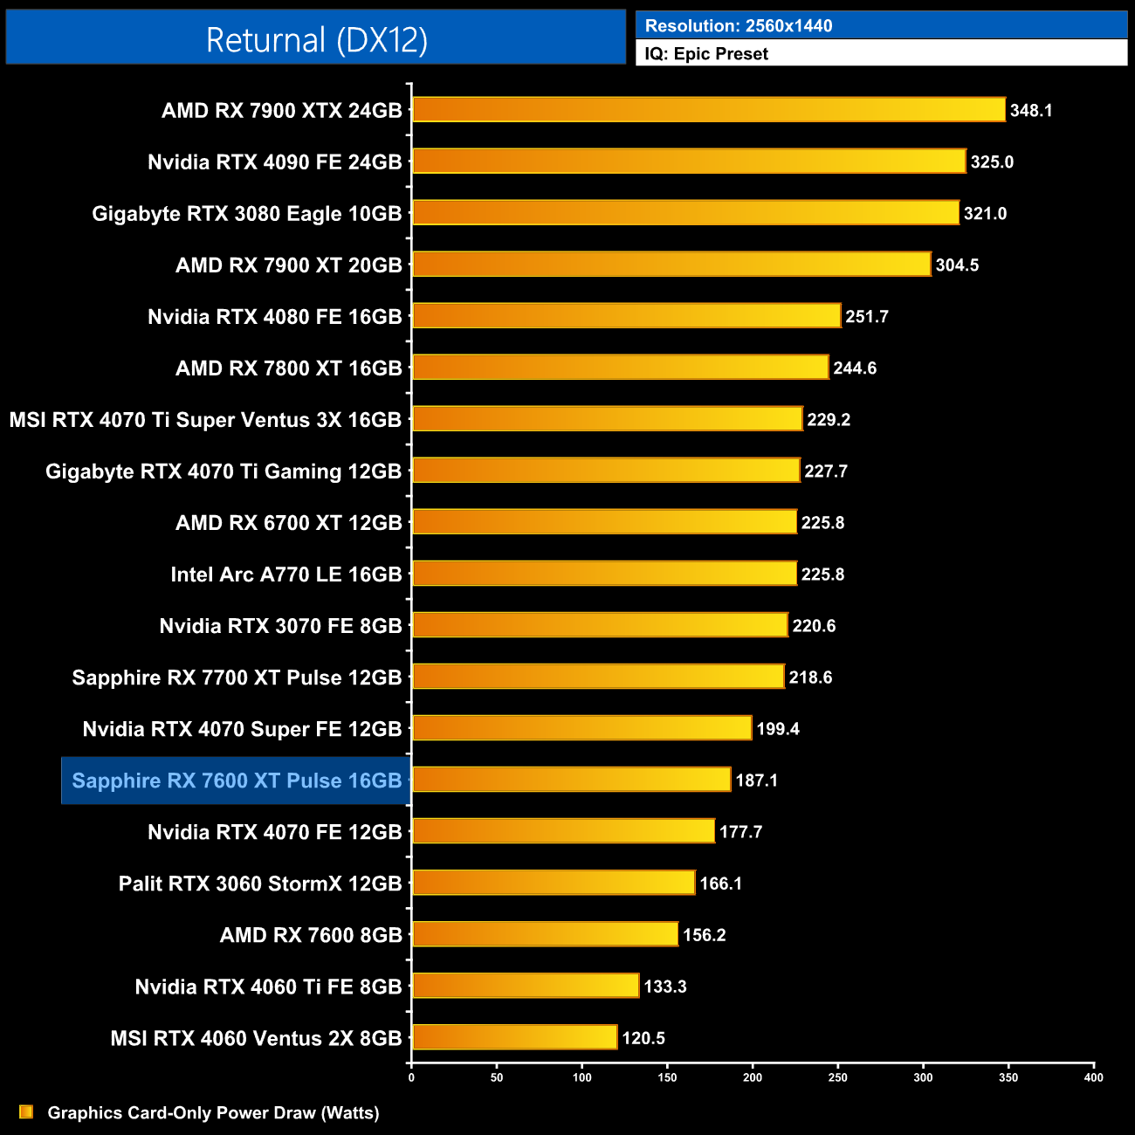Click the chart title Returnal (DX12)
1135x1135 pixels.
(316, 40)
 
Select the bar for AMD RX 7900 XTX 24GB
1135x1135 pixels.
(708, 110)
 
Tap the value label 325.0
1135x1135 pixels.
(992, 162)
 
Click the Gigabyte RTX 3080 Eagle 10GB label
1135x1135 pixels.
(247, 214)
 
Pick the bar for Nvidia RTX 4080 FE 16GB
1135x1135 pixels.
(626, 316)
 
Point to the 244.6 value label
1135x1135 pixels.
(855, 368)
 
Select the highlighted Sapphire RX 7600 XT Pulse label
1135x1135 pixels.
(237, 781)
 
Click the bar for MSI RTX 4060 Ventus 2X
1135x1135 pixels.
(514, 1037)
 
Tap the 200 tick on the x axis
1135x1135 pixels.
(753, 1077)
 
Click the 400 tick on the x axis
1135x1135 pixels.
(1093, 1077)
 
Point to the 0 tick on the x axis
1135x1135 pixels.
(411, 1077)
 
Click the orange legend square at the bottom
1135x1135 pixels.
(26, 1111)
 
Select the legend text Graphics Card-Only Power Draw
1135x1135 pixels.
(213, 1113)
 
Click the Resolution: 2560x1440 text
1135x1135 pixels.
(739, 26)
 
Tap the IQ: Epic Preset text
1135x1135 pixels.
(706, 54)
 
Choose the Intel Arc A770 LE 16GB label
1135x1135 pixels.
(286, 574)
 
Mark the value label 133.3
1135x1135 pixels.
(665, 987)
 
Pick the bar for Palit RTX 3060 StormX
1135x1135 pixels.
(554, 883)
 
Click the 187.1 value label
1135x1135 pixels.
(756, 781)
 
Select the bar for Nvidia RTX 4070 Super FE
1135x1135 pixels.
(581, 728)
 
